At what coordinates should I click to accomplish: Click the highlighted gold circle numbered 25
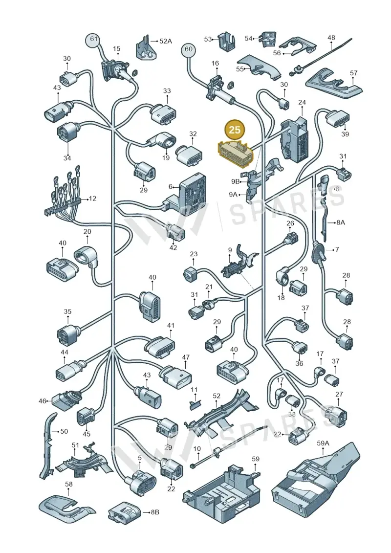point(235,130)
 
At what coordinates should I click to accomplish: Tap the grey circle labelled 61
point(93,39)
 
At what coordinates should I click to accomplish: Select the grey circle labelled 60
point(189,49)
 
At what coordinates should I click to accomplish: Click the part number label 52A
point(166,41)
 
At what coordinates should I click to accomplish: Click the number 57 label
point(354,73)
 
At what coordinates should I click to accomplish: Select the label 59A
point(323,443)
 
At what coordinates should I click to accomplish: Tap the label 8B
point(155,512)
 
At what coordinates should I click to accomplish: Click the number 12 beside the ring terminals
point(92,199)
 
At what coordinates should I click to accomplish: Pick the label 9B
point(235,181)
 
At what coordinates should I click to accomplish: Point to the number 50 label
point(64,431)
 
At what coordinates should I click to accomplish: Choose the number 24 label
point(302,103)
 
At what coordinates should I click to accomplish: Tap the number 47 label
point(186,357)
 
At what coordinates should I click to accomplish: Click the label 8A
point(340,222)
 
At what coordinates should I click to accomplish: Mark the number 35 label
point(67,311)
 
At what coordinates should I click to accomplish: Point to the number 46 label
point(43,401)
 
